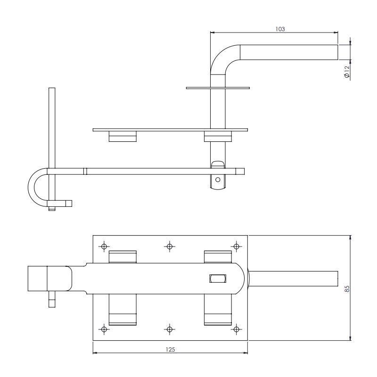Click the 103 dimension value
click(280, 29)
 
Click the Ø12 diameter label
click(347, 72)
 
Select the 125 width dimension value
click(170, 349)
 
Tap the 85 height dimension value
click(347, 289)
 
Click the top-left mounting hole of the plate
click(104, 246)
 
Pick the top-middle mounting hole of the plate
click(170, 246)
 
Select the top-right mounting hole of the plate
click(237, 246)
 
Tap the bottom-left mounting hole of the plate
click(104, 329)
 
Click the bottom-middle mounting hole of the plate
click(170, 329)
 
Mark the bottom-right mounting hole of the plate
click(237, 329)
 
